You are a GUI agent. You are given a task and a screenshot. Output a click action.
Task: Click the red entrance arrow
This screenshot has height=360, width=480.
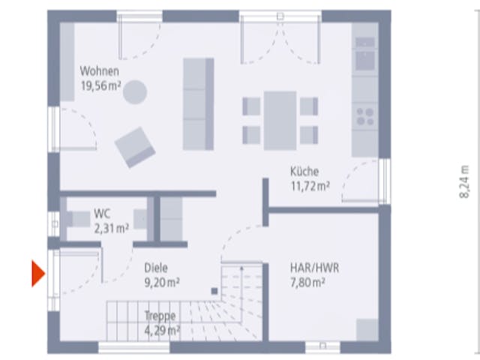pyautogui.click(x=38, y=273)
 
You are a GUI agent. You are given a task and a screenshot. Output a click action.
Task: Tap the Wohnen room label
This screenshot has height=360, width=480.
pyautogui.click(x=100, y=71)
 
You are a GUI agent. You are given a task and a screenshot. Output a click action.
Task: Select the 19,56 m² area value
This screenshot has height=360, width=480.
pyautogui.click(x=100, y=85)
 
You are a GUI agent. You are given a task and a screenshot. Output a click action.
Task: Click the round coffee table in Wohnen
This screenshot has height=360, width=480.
pyautogui.click(x=135, y=91)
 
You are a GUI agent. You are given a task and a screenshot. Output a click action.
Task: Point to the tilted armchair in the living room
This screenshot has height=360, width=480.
pyautogui.click(x=135, y=148)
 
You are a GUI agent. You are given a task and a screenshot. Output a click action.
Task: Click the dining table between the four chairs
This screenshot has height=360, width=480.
pyautogui.click(x=280, y=121)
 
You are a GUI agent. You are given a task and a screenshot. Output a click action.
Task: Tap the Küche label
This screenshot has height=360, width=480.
pyautogui.click(x=304, y=172)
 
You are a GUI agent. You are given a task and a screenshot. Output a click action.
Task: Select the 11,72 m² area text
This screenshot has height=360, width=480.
pyautogui.click(x=310, y=186)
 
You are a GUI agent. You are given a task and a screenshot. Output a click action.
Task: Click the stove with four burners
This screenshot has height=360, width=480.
pyautogui.click(x=365, y=117)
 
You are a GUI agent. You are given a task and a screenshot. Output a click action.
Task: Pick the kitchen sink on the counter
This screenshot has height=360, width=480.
pyautogui.click(x=365, y=60)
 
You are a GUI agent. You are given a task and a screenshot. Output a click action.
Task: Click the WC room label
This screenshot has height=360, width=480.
pyautogui.click(x=102, y=213)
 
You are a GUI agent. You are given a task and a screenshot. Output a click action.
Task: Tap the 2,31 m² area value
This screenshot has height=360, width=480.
pyautogui.click(x=112, y=228)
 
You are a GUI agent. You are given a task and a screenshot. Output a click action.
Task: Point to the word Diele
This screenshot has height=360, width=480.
pyautogui.click(x=156, y=268)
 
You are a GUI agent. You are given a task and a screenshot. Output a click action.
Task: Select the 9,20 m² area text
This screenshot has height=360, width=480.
pyautogui.click(x=162, y=283)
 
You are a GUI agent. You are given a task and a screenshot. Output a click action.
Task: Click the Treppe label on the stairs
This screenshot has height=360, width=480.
pyautogui.click(x=160, y=316)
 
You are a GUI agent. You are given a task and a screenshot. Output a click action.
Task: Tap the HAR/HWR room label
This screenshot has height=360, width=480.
pyautogui.click(x=314, y=268)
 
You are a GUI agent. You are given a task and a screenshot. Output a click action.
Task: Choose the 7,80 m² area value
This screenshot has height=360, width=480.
pyautogui.click(x=307, y=282)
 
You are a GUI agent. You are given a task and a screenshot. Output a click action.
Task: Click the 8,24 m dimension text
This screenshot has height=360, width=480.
pyautogui.click(x=464, y=181)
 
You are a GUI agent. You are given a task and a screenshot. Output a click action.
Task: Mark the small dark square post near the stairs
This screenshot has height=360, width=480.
pyautogui.click(x=214, y=291)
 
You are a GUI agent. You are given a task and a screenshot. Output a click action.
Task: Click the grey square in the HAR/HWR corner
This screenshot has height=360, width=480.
pyautogui.click(x=367, y=330)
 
